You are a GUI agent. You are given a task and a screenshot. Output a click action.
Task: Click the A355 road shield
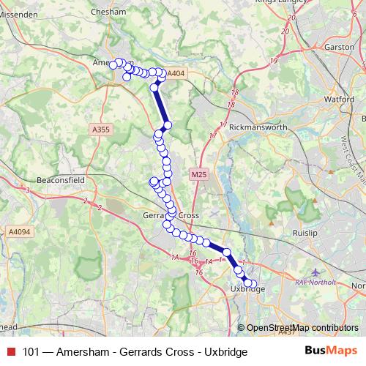101,130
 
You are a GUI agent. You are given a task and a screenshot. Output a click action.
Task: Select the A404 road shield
176,73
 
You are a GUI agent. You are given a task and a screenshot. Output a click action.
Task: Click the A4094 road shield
20,231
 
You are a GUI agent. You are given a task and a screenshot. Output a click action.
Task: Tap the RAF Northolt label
313,281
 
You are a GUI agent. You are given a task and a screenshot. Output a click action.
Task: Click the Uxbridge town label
247,289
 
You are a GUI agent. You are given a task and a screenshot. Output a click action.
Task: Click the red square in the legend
11,352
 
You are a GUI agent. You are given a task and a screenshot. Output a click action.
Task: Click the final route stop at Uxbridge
254,283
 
